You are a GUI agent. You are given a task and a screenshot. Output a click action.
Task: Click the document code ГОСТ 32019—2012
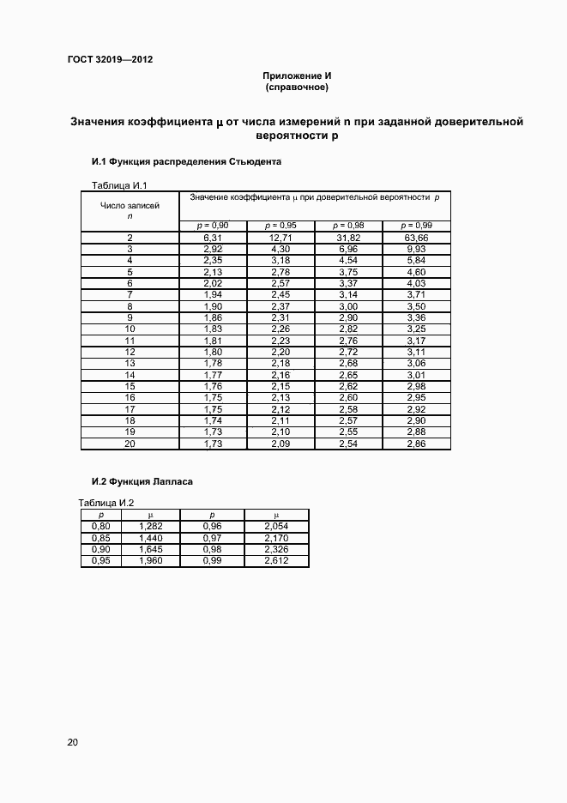(x=110, y=59)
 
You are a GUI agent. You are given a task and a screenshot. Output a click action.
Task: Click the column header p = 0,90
(x=213, y=226)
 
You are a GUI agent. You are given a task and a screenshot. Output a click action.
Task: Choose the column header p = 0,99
(x=417, y=226)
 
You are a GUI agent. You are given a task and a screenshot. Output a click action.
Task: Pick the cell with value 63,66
(x=417, y=237)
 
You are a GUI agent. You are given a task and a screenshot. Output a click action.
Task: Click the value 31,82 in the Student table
(x=348, y=237)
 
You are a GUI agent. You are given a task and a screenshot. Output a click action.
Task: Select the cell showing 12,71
(x=281, y=237)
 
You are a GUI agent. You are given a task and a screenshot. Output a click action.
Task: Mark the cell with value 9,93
(x=417, y=248)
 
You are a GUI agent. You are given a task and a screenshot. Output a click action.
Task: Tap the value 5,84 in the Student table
(x=417, y=259)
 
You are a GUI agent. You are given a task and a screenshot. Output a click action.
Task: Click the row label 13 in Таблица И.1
(x=130, y=364)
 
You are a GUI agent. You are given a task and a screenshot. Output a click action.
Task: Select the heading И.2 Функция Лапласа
(x=142, y=482)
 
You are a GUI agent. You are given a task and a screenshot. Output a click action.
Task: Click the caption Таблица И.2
(x=106, y=502)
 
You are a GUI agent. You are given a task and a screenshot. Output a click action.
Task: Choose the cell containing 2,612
(x=276, y=561)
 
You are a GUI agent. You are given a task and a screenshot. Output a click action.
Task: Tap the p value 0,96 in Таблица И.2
(x=212, y=525)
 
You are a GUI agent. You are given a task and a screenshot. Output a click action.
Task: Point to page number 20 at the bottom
(x=73, y=742)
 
